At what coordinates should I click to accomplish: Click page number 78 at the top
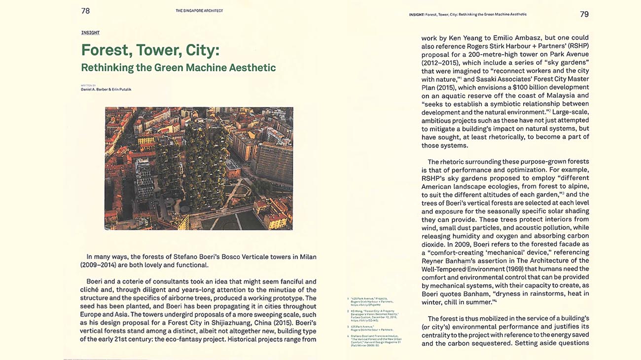click(85, 11)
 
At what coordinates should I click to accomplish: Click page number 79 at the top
click(584, 14)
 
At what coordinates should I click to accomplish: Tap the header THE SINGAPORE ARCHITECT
click(199, 11)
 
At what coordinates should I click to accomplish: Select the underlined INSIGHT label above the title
click(90, 33)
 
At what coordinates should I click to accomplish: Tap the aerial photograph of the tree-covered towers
click(199, 168)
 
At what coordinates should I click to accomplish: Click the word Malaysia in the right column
click(559, 96)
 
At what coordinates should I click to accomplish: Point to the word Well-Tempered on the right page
click(443, 269)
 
